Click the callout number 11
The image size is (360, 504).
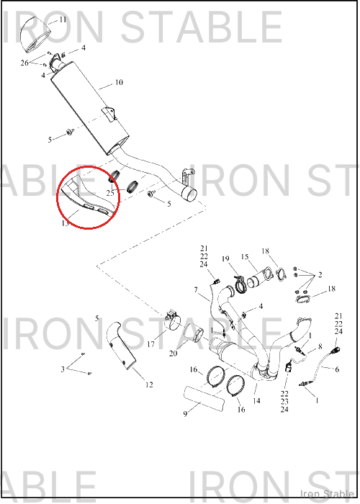coord(63,19)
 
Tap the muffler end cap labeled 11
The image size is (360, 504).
coord(35,35)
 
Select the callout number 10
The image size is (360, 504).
coord(119,82)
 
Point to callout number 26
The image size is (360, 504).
coord(24,63)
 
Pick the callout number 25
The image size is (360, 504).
coord(110,193)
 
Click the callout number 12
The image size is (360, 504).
coord(149,384)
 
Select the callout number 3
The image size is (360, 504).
coord(63,369)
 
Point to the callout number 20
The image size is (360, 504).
coord(173,354)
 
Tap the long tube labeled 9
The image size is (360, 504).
coord(204,400)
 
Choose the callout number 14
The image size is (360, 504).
coord(256,401)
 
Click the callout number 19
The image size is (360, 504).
coord(225,258)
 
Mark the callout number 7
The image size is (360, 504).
coord(196,290)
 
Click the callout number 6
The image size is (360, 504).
coord(337,369)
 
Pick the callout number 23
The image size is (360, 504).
coord(284,402)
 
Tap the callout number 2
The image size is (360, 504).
coord(320,274)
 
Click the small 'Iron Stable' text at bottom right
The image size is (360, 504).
coord(327,494)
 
